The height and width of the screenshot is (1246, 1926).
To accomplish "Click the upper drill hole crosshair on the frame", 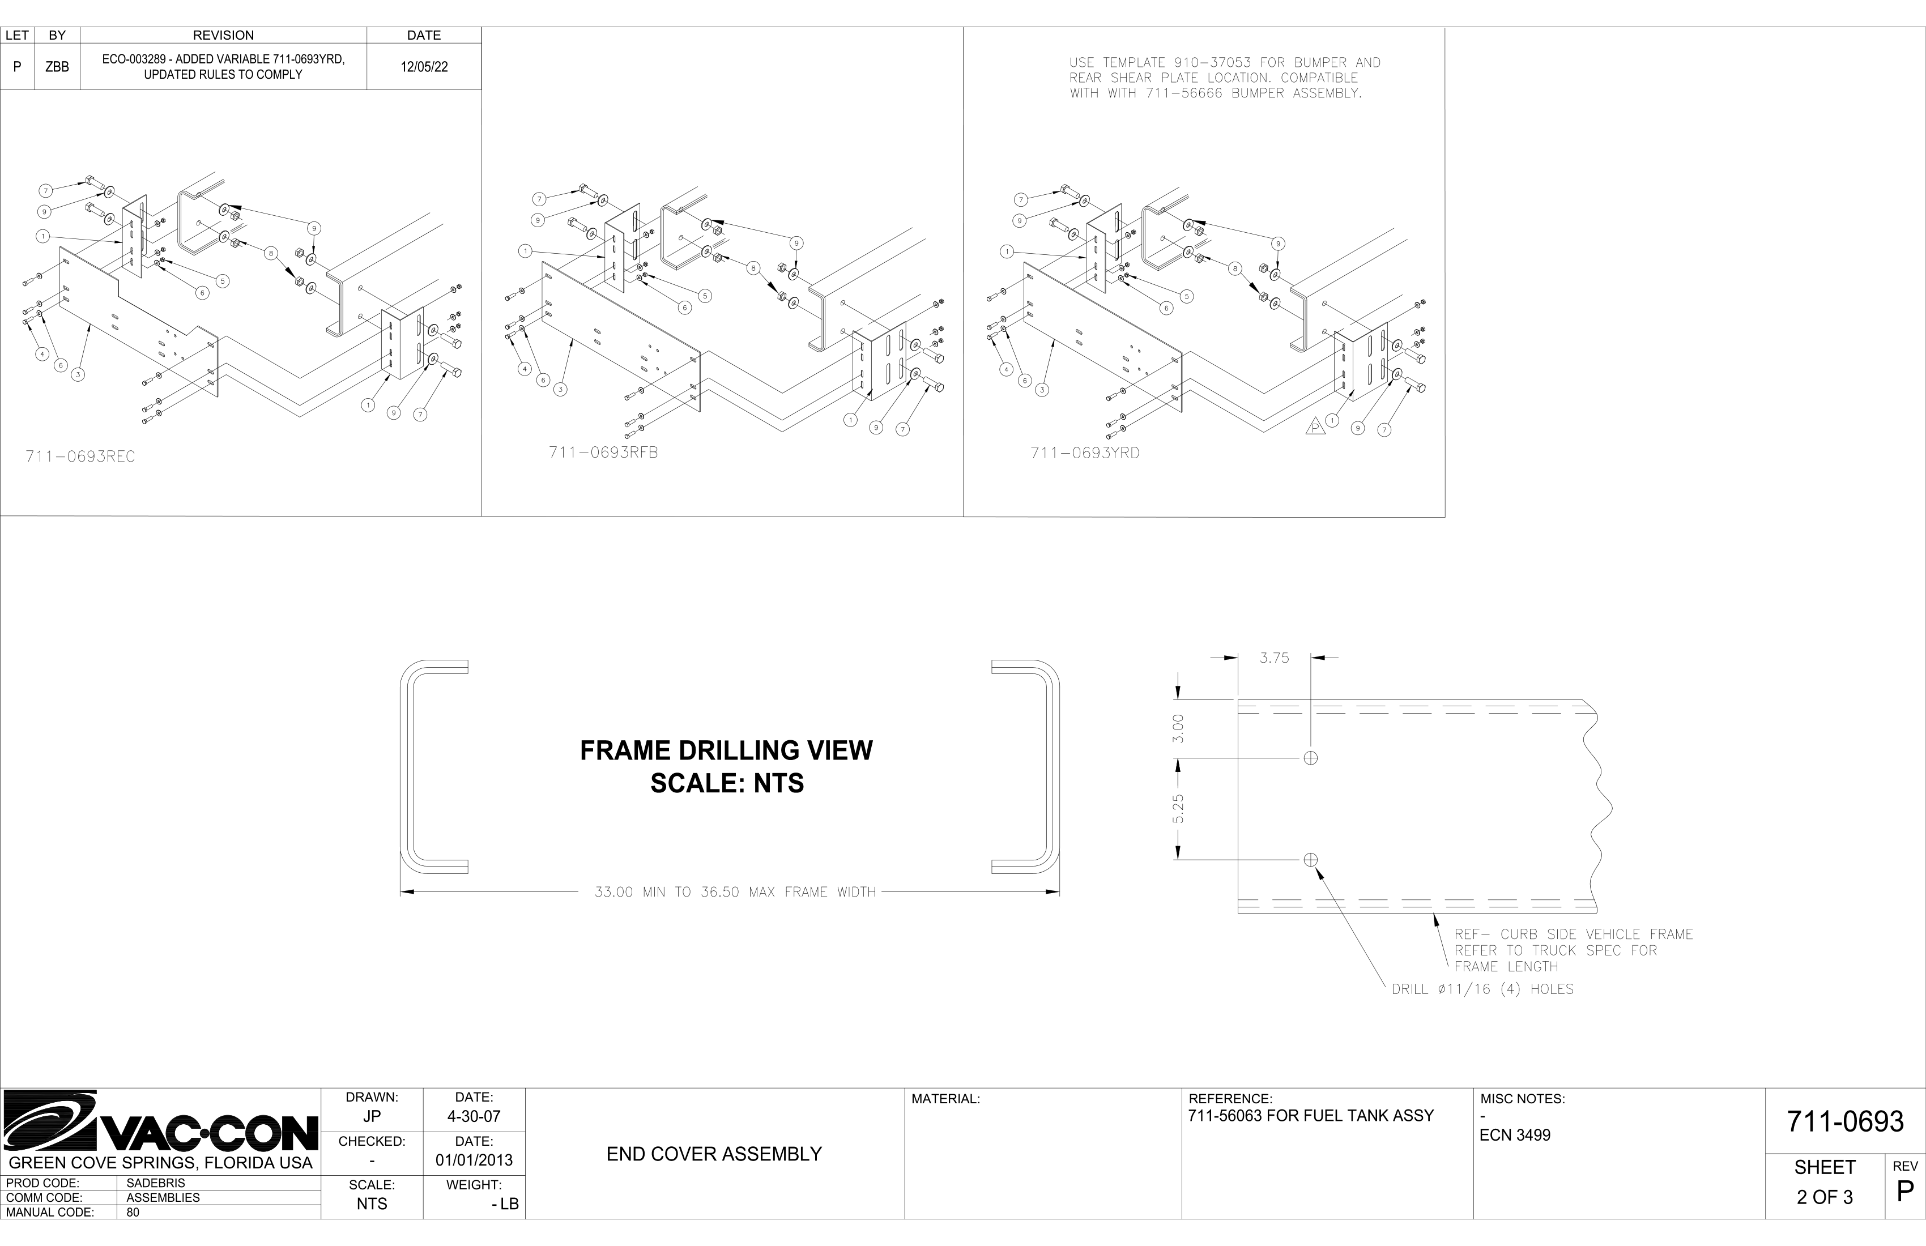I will pos(1311,758).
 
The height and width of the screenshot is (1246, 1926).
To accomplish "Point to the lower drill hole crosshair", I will pos(1311,859).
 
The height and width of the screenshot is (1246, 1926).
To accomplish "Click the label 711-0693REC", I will pos(80,456).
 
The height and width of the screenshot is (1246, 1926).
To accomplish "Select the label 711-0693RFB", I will pos(604,453).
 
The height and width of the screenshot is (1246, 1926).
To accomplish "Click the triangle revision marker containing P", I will pos(1315,426).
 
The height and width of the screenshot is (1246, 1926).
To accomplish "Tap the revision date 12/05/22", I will pos(424,67).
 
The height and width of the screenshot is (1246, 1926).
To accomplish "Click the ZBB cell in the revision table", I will pos(57,67).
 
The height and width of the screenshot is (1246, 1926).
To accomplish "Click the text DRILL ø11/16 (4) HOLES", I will pos(1482,989).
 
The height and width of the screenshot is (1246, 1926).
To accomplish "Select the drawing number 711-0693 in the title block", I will pos(1845,1121).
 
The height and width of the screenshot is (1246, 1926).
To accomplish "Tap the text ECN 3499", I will pos(1515,1135).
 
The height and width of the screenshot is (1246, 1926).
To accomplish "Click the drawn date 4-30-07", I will pos(474,1116).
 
